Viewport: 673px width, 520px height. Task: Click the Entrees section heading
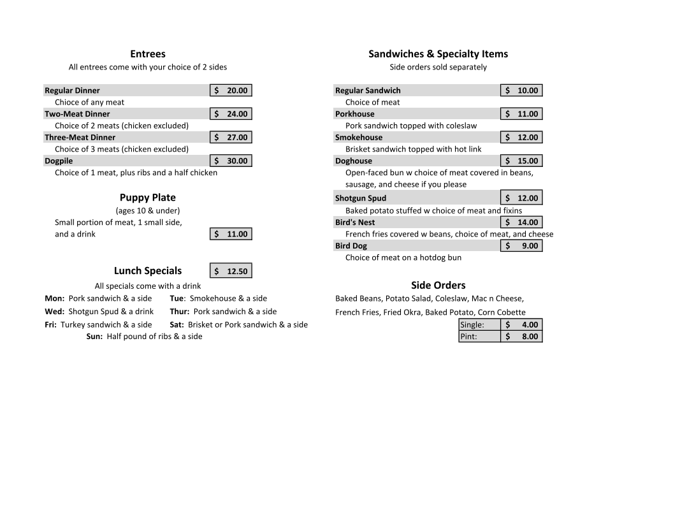click(x=147, y=54)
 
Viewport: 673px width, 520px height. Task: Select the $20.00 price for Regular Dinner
click(x=231, y=90)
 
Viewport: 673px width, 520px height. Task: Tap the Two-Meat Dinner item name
click(x=77, y=114)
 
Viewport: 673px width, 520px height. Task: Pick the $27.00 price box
click(x=231, y=137)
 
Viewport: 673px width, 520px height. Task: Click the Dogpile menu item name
click(x=59, y=161)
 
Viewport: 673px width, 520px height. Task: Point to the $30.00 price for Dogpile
click(x=231, y=161)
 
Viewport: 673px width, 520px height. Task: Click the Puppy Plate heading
click(x=147, y=198)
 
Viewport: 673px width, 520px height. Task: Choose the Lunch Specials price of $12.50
click(x=231, y=271)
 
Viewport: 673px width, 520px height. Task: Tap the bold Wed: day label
click(x=54, y=312)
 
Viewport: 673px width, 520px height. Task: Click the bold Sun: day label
click(x=94, y=336)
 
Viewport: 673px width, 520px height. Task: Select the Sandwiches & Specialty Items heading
click(x=438, y=54)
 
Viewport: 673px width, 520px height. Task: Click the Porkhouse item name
click(x=355, y=114)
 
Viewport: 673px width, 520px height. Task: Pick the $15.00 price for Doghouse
click(x=521, y=161)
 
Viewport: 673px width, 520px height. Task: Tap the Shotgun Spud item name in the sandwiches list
click(x=361, y=198)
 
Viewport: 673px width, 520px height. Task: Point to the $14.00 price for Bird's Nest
click(x=521, y=222)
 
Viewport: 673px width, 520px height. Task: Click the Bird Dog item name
click(x=351, y=246)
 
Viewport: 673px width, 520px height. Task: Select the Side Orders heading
click(x=438, y=285)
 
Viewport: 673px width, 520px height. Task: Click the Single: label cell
click(x=472, y=324)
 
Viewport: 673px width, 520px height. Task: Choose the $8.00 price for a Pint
click(x=521, y=336)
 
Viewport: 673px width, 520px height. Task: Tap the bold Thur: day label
click(x=180, y=312)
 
